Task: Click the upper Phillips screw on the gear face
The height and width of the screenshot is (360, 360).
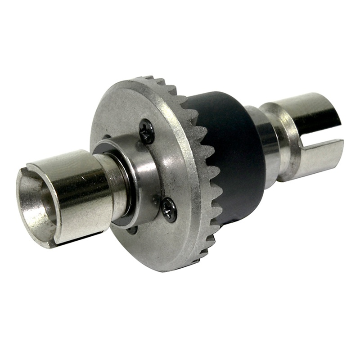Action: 147,131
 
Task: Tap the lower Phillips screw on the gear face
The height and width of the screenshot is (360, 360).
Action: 170,210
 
